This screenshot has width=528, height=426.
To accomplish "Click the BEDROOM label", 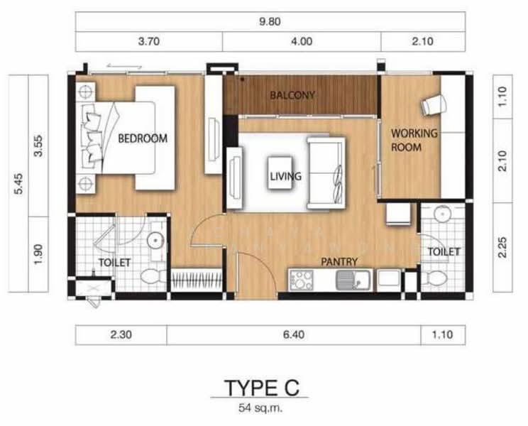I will coord(143,138).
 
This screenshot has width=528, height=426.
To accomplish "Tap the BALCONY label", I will coord(292,94).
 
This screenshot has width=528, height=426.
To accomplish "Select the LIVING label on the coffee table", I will coord(285,176).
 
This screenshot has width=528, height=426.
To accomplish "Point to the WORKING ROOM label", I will coord(414,140).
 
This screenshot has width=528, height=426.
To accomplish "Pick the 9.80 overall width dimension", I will coord(270,21).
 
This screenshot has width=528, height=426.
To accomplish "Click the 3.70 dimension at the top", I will coord(149,41).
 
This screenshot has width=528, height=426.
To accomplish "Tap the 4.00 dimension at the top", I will coord(302,41).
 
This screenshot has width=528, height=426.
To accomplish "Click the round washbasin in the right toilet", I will coord(443,214).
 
